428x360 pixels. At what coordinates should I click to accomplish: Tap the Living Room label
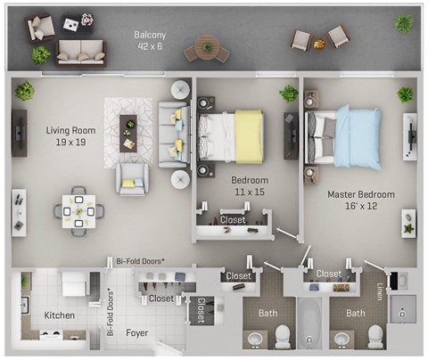tap(70, 130)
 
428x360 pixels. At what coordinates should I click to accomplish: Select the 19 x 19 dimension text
tap(70, 143)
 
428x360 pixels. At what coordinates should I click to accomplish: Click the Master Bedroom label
tap(360, 193)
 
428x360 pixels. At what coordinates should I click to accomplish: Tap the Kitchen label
tap(60, 315)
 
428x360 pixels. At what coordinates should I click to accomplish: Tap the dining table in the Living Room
tap(78, 210)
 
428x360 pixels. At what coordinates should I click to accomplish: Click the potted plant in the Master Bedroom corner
tap(406, 94)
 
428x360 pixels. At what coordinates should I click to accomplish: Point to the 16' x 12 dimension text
tap(360, 206)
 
